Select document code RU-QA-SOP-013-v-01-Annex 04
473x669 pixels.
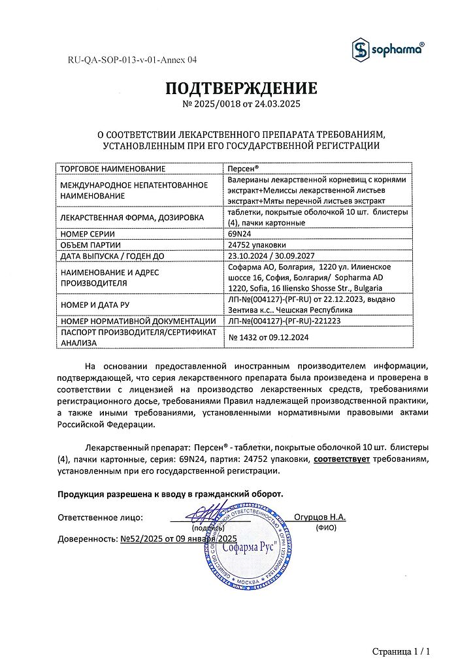pyautogui.click(x=132, y=60)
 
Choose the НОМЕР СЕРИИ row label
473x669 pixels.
pyautogui.click(x=87, y=233)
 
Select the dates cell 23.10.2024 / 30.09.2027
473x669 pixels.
pyautogui.click(x=274, y=256)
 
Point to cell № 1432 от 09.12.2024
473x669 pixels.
pyautogui.click(x=268, y=337)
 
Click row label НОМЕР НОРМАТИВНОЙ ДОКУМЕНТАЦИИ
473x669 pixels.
pyautogui.click(x=137, y=321)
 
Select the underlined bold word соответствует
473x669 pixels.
pyautogui.click(x=342, y=459)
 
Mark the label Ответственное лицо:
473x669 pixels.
pyautogui.click(x=100, y=517)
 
